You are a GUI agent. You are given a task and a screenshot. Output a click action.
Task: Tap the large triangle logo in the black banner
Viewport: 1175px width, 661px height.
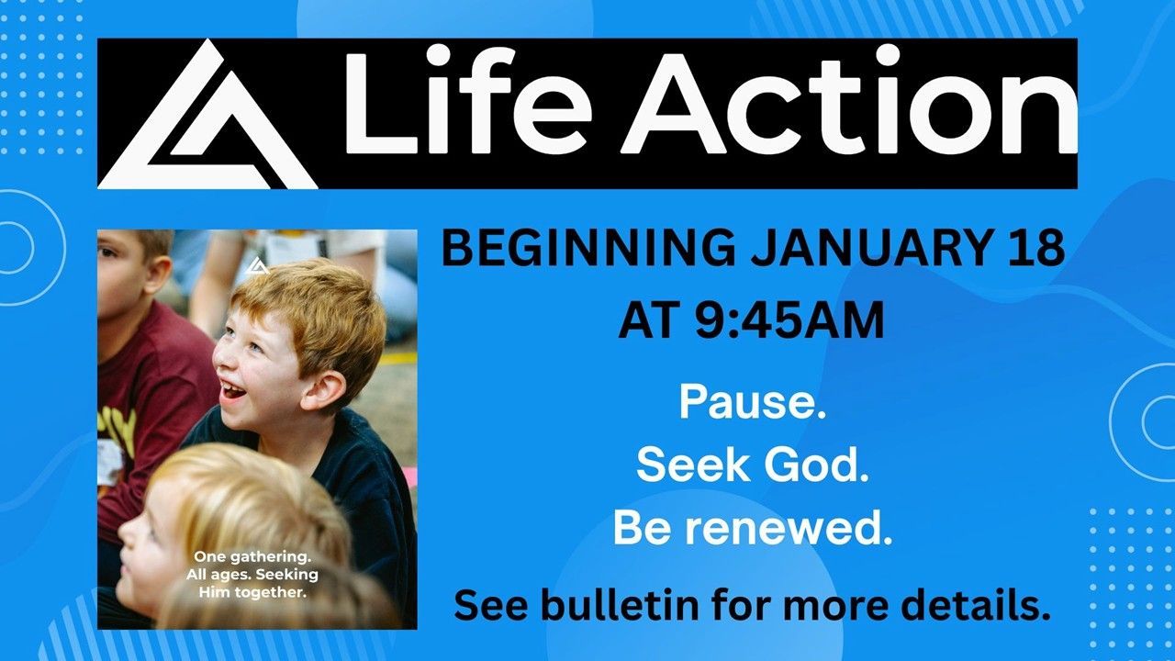[207, 114]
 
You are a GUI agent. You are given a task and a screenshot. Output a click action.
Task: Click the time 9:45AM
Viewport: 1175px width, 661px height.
[789, 320]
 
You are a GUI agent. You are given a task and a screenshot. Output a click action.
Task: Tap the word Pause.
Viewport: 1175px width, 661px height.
[752, 402]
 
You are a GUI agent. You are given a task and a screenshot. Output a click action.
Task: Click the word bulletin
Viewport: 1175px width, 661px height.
[620, 605]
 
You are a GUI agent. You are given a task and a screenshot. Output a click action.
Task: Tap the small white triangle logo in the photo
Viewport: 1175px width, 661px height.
[256, 265]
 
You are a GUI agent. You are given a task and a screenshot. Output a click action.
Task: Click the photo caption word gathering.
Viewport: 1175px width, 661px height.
[268, 557]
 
